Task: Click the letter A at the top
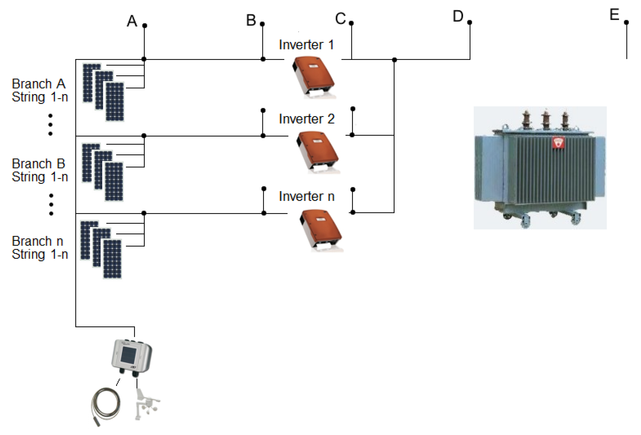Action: point(132,21)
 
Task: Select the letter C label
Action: point(340,19)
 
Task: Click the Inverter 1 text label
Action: point(306,45)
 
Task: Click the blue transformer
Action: point(540,171)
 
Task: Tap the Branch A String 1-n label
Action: point(39,90)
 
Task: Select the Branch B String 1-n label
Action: point(39,170)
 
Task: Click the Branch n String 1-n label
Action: point(39,248)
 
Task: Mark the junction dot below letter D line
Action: point(394,60)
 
